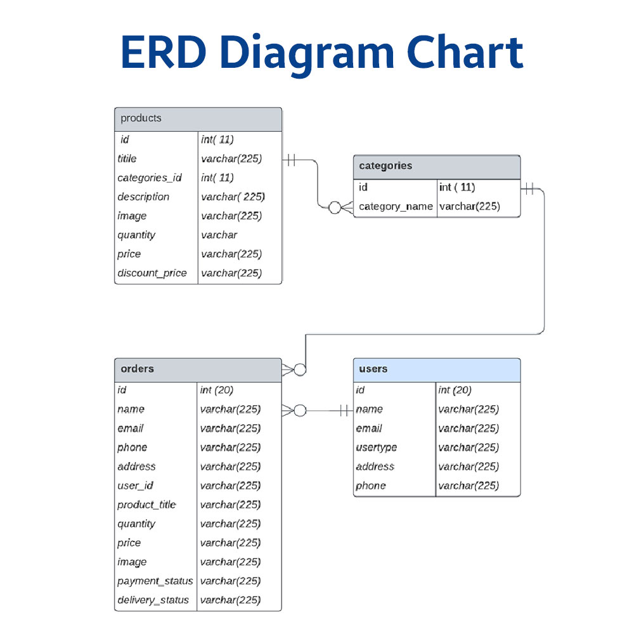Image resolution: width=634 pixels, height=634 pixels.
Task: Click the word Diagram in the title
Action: [x=307, y=53]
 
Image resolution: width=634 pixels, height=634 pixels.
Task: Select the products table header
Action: [x=198, y=119]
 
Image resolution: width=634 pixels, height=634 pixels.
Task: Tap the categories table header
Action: [x=437, y=167]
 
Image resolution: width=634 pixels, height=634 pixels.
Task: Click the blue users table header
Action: [x=437, y=370]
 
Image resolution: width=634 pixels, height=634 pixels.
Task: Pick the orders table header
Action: [x=198, y=370]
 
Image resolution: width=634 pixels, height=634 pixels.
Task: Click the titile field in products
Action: [x=127, y=158]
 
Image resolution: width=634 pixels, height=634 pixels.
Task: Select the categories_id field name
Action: [x=150, y=178]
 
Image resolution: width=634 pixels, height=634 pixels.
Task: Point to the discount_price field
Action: [x=152, y=273]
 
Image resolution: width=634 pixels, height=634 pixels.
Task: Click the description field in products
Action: [x=143, y=197]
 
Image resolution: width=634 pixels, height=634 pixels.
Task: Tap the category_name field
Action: [x=396, y=207]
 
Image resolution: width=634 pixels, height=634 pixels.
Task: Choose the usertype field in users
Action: [x=377, y=448]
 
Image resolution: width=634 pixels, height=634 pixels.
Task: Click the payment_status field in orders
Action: [x=155, y=581]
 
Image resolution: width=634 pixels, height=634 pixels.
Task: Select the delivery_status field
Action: [x=153, y=600]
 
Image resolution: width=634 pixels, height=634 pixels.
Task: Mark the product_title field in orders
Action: [x=147, y=505]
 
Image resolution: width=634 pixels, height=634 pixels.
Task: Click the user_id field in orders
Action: [x=136, y=486]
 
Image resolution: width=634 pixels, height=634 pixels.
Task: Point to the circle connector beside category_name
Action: [x=335, y=208]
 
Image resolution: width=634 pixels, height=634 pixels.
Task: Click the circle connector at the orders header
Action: [x=300, y=370]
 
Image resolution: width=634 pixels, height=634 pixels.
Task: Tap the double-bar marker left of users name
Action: [x=344, y=411]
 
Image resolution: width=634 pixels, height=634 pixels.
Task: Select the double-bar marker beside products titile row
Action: [x=292, y=160]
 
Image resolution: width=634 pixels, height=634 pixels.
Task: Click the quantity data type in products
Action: [x=219, y=235]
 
